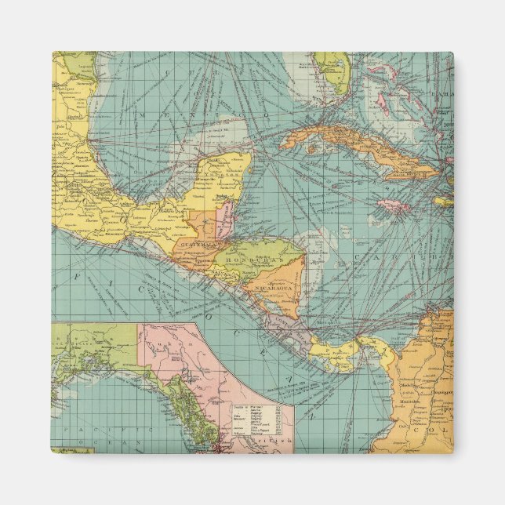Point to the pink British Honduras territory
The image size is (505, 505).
pos(225,217)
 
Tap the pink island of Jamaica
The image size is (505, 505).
pos(393,206)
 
